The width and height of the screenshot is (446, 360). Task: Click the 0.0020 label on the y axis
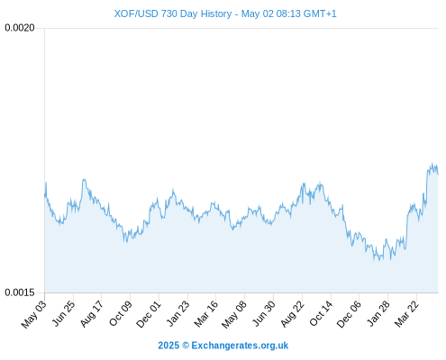click(20, 28)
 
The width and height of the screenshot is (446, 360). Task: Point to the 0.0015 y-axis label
click(20, 292)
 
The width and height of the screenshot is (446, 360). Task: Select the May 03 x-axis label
click(34, 314)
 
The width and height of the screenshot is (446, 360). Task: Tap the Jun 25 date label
click(64, 313)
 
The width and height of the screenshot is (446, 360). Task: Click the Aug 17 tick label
click(92, 314)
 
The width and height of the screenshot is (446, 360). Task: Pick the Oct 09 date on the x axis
click(121, 314)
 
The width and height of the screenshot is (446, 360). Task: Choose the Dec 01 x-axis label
click(149, 314)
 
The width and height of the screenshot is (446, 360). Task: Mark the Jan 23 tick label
click(178, 313)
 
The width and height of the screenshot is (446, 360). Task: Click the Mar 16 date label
click(206, 314)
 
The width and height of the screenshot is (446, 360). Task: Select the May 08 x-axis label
click(234, 314)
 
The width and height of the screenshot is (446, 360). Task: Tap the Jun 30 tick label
click(264, 313)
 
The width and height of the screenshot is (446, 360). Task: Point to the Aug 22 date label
click(293, 314)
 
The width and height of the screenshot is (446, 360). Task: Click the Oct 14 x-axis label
click(322, 314)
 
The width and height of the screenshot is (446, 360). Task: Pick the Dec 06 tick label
click(350, 314)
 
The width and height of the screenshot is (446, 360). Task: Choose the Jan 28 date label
click(378, 313)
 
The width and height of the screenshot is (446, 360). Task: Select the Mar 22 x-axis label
click(406, 314)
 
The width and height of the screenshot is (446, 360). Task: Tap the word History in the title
click(216, 13)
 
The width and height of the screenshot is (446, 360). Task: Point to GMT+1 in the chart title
click(320, 13)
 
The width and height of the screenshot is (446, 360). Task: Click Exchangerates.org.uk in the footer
click(240, 346)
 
